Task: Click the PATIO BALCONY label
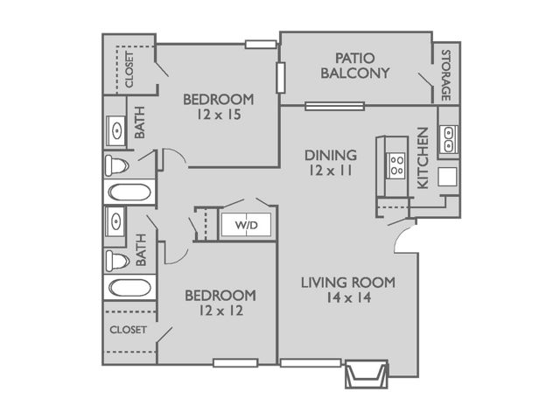pyautogui.click(x=354, y=66)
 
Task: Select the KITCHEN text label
pyautogui.click(x=423, y=158)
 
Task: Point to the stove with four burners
pyautogui.click(x=395, y=164)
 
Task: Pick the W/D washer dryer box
pyautogui.click(x=246, y=226)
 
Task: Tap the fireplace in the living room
pyautogui.click(x=364, y=374)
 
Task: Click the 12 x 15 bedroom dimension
pyautogui.click(x=218, y=114)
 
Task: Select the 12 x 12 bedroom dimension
pyautogui.click(x=220, y=311)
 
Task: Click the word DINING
pyautogui.click(x=330, y=155)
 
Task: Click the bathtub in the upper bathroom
pyautogui.click(x=129, y=192)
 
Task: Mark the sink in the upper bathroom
pyautogui.click(x=117, y=131)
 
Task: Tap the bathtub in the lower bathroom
pyautogui.click(x=129, y=286)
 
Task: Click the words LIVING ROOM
pyautogui.click(x=347, y=283)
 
